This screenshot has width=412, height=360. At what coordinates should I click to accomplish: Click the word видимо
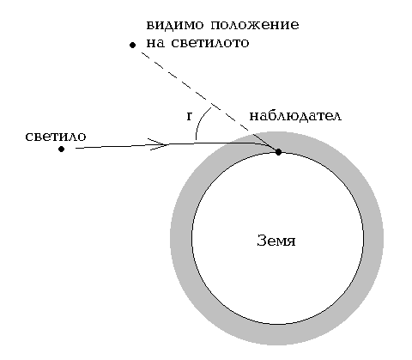[175, 25]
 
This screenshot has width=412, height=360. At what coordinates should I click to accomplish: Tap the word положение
[255, 25]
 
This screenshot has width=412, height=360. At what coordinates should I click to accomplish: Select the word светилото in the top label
[210, 43]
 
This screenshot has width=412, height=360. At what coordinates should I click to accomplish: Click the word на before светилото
[155, 44]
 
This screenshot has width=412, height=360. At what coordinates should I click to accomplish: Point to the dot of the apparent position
[132, 45]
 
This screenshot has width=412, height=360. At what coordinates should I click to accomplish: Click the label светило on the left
[56, 137]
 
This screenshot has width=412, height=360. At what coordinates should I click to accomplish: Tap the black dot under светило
[61, 149]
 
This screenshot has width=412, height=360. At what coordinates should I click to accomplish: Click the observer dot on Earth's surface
[278, 152]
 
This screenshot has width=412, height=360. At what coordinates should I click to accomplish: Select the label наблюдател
[295, 116]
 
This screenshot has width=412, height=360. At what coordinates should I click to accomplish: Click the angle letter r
[189, 116]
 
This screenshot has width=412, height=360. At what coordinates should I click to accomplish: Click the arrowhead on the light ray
[159, 144]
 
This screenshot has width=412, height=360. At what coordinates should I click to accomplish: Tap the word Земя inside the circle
[276, 241]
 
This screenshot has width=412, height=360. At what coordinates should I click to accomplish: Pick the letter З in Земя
[262, 241]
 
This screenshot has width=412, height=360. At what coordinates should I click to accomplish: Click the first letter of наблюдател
[254, 117]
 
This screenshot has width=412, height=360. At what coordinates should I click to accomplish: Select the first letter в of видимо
[151, 26]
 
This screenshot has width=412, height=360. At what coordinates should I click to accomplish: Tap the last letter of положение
[295, 26]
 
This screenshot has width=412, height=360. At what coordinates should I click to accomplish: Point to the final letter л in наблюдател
[337, 117]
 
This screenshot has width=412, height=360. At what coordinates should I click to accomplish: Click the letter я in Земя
[292, 242]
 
